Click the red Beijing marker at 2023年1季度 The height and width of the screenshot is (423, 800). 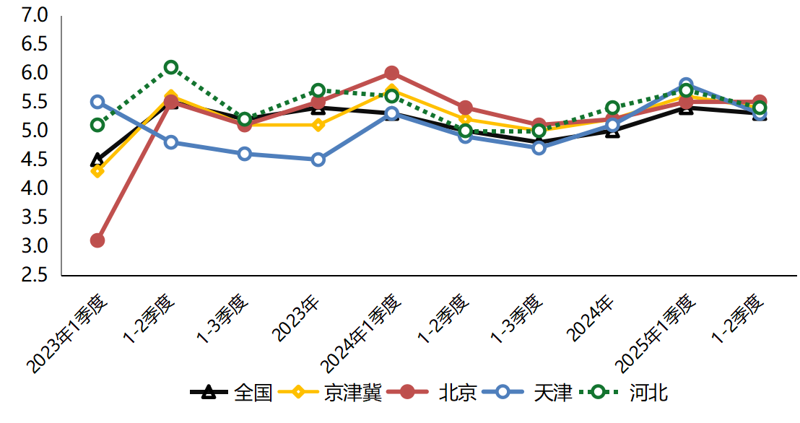tap(97, 240)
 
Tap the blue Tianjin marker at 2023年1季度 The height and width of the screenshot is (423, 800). tap(97, 102)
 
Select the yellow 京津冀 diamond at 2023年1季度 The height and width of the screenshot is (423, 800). tap(97, 171)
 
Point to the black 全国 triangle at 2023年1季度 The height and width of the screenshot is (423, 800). tap(97, 160)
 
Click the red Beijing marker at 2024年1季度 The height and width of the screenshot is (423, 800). tap(392, 73)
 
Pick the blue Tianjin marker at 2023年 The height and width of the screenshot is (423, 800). tap(318, 160)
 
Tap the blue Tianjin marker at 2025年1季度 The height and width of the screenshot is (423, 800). tap(686, 84)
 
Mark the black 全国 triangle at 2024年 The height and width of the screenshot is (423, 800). tap(612, 131)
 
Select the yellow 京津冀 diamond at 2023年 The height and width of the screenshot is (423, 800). tap(318, 125)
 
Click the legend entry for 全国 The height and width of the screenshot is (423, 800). tap(231, 393)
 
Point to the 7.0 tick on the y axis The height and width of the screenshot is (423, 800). tap(33, 15)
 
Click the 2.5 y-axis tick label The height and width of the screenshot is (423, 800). tap(33, 275)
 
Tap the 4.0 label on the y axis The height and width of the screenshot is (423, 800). tap(33, 188)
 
